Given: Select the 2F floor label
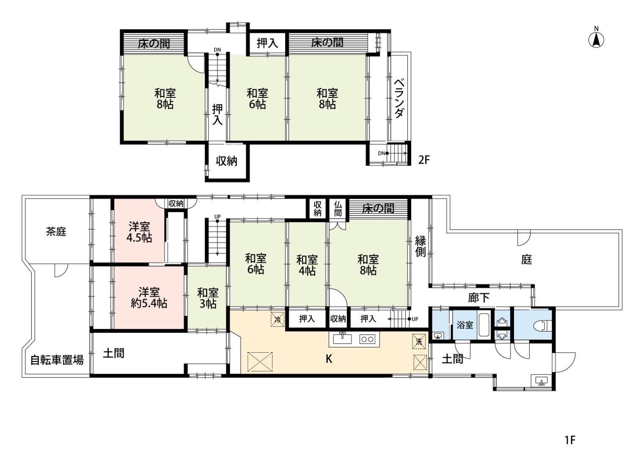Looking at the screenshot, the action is coord(424,160).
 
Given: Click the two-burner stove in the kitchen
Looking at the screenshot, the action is coord(367,339).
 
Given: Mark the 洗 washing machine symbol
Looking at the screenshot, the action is coord(419,341).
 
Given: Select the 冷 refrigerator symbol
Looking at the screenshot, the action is coord(278,319).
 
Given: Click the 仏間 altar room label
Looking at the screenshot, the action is coord(338,208).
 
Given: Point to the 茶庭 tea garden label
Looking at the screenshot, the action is coord(56,232).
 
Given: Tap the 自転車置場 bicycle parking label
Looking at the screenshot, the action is coord(57,360).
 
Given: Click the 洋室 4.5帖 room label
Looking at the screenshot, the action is coord(139,232).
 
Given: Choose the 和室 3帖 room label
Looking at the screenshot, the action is coord(208,298).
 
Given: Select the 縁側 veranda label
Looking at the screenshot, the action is coord(420,246).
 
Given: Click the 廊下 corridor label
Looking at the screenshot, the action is coord(479,297).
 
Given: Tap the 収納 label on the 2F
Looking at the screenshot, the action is coord(227,161).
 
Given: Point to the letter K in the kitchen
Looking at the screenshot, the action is coord(329,359).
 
